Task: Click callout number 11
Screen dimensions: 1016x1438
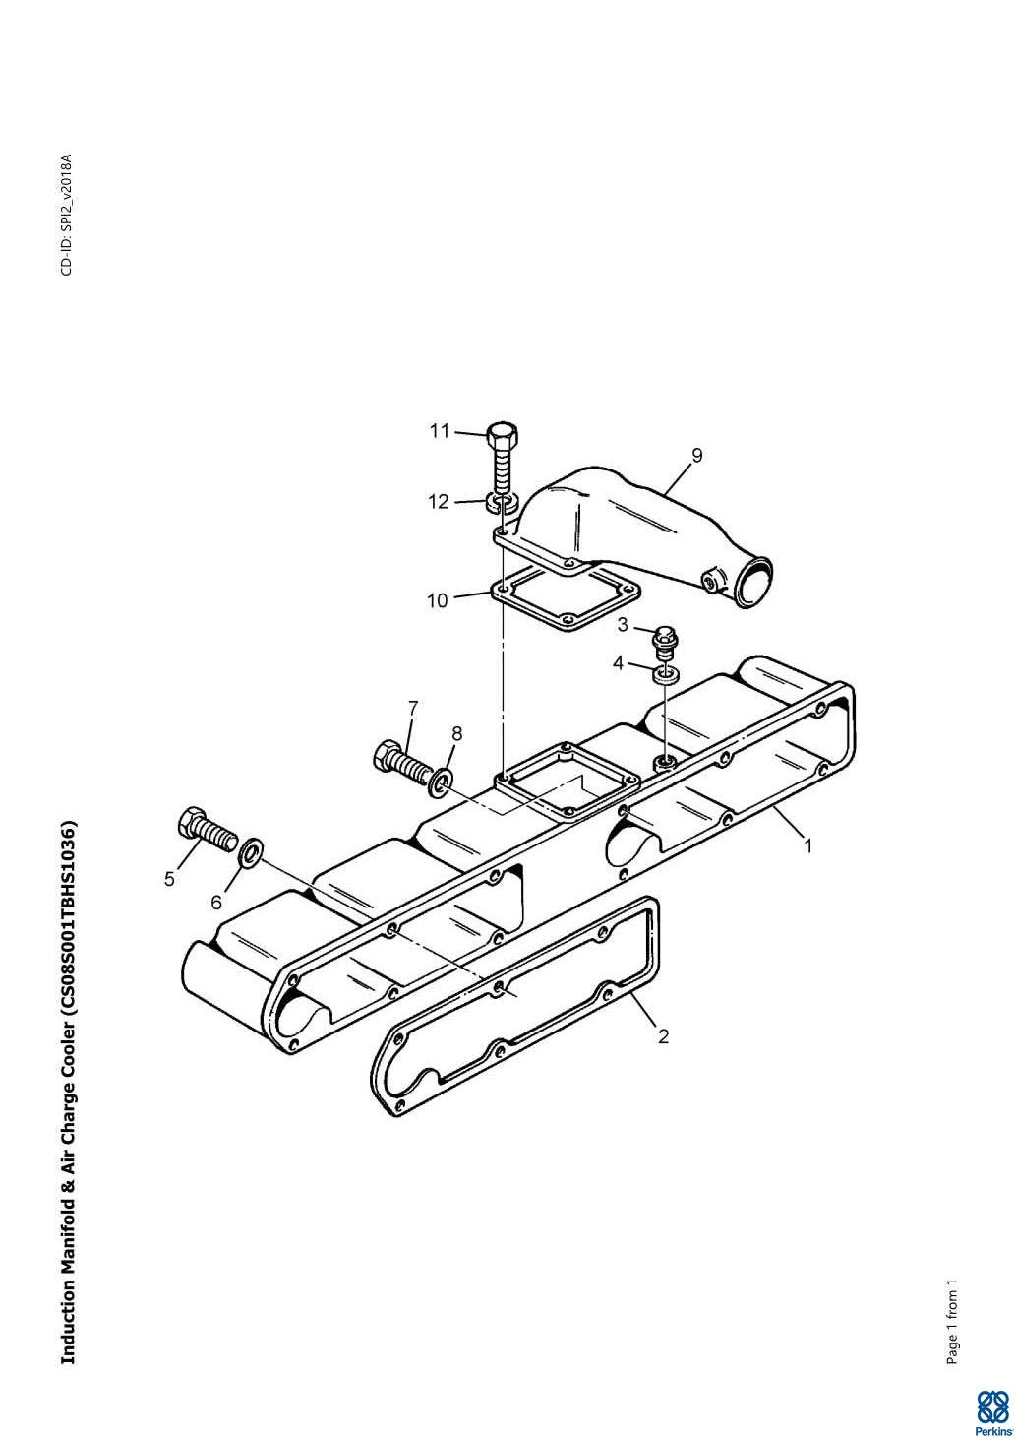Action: [x=440, y=431]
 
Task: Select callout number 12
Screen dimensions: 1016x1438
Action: [x=440, y=501]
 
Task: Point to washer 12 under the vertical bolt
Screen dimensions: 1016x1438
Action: [x=501, y=503]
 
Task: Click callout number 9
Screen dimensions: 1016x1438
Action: [x=697, y=455]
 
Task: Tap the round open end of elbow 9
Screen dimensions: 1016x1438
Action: [x=753, y=583]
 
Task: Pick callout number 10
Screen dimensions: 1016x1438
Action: [x=438, y=601]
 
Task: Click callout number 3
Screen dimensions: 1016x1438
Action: [x=623, y=625]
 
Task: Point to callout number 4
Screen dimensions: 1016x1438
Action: [x=618, y=663]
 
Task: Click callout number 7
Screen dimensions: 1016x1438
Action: [x=413, y=709]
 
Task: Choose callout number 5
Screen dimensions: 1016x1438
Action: [x=169, y=879]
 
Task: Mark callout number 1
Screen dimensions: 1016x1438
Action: [x=808, y=846]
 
